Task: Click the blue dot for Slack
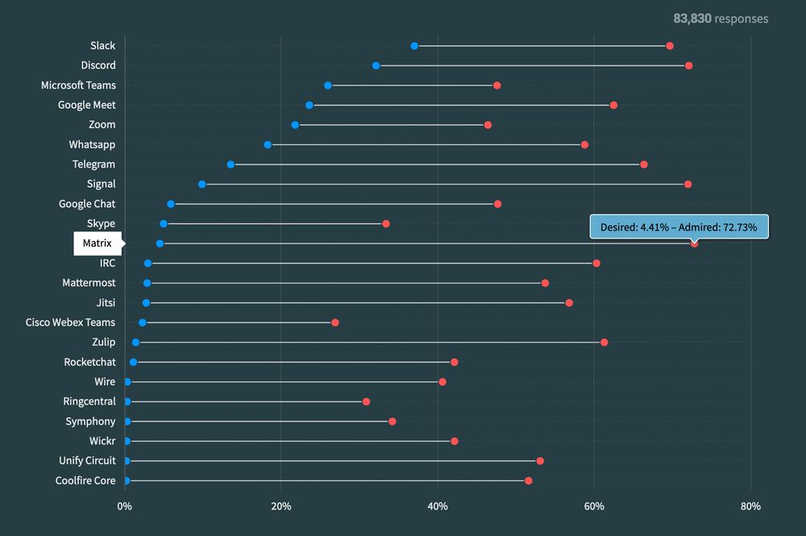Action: (x=414, y=46)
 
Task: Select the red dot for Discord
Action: (x=688, y=65)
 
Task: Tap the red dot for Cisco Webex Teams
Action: (x=335, y=322)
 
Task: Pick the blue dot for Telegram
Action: (x=231, y=164)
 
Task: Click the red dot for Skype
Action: (x=385, y=223)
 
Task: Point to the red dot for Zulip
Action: (x=604, y=343)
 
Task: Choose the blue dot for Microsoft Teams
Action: (x=328, y=85)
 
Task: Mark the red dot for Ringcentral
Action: (x=366, y=401)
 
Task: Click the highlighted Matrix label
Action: (x=97, y=243)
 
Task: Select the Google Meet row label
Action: (x=86, y=105)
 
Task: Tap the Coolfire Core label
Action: (x=85, y=481)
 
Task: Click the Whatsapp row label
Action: (x=92, y=144)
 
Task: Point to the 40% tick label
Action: (x=438, y=506)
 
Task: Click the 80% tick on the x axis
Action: (x=750, y=506)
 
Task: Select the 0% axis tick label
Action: (x=124, y=506)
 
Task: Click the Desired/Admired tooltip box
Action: (x=679, y=227)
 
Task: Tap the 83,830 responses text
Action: (x=721, y=19)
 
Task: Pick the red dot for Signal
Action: (x=688, y=185)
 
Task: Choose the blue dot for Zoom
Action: (x=295, y=125)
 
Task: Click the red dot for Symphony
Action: (x=392, y=422)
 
